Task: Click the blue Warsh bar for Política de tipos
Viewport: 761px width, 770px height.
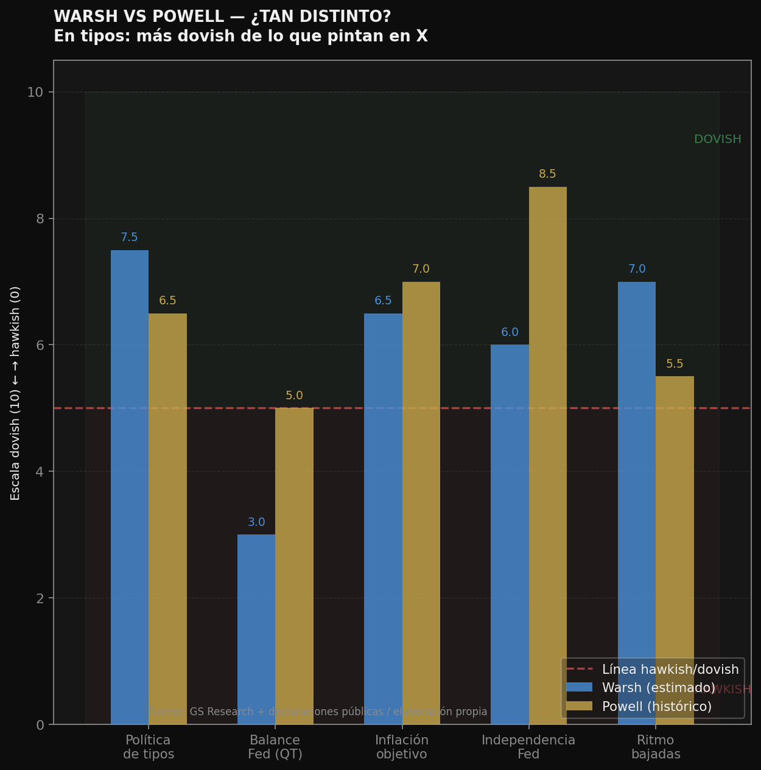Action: tap(130, 487)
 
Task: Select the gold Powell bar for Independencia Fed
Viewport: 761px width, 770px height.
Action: tap(547, 456)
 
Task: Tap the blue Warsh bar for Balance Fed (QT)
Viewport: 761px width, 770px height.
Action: tap(256, 629)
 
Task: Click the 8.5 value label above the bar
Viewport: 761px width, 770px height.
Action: tap(547, 174)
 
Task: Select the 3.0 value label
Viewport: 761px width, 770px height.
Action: tap(256, 522)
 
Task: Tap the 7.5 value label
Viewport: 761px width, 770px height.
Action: tap(130, 237)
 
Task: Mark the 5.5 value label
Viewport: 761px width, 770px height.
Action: tap(674, 364)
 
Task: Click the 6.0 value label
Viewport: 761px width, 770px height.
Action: tap(509, 332)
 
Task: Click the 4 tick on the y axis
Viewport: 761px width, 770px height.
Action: tap(40, 472)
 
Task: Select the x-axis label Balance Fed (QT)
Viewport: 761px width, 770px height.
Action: tap(275, 747)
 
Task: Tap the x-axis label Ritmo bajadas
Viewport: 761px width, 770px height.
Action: tap(656, 747)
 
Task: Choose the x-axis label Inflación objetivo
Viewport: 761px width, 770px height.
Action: tap(402, 747)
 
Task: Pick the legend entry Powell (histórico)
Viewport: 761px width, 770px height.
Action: tap(656, 706)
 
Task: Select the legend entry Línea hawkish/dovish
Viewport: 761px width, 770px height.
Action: tap(670, 669)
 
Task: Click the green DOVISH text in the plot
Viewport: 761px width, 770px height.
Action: tap(717, 139)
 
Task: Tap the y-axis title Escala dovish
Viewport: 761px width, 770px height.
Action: tap(15, 393)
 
